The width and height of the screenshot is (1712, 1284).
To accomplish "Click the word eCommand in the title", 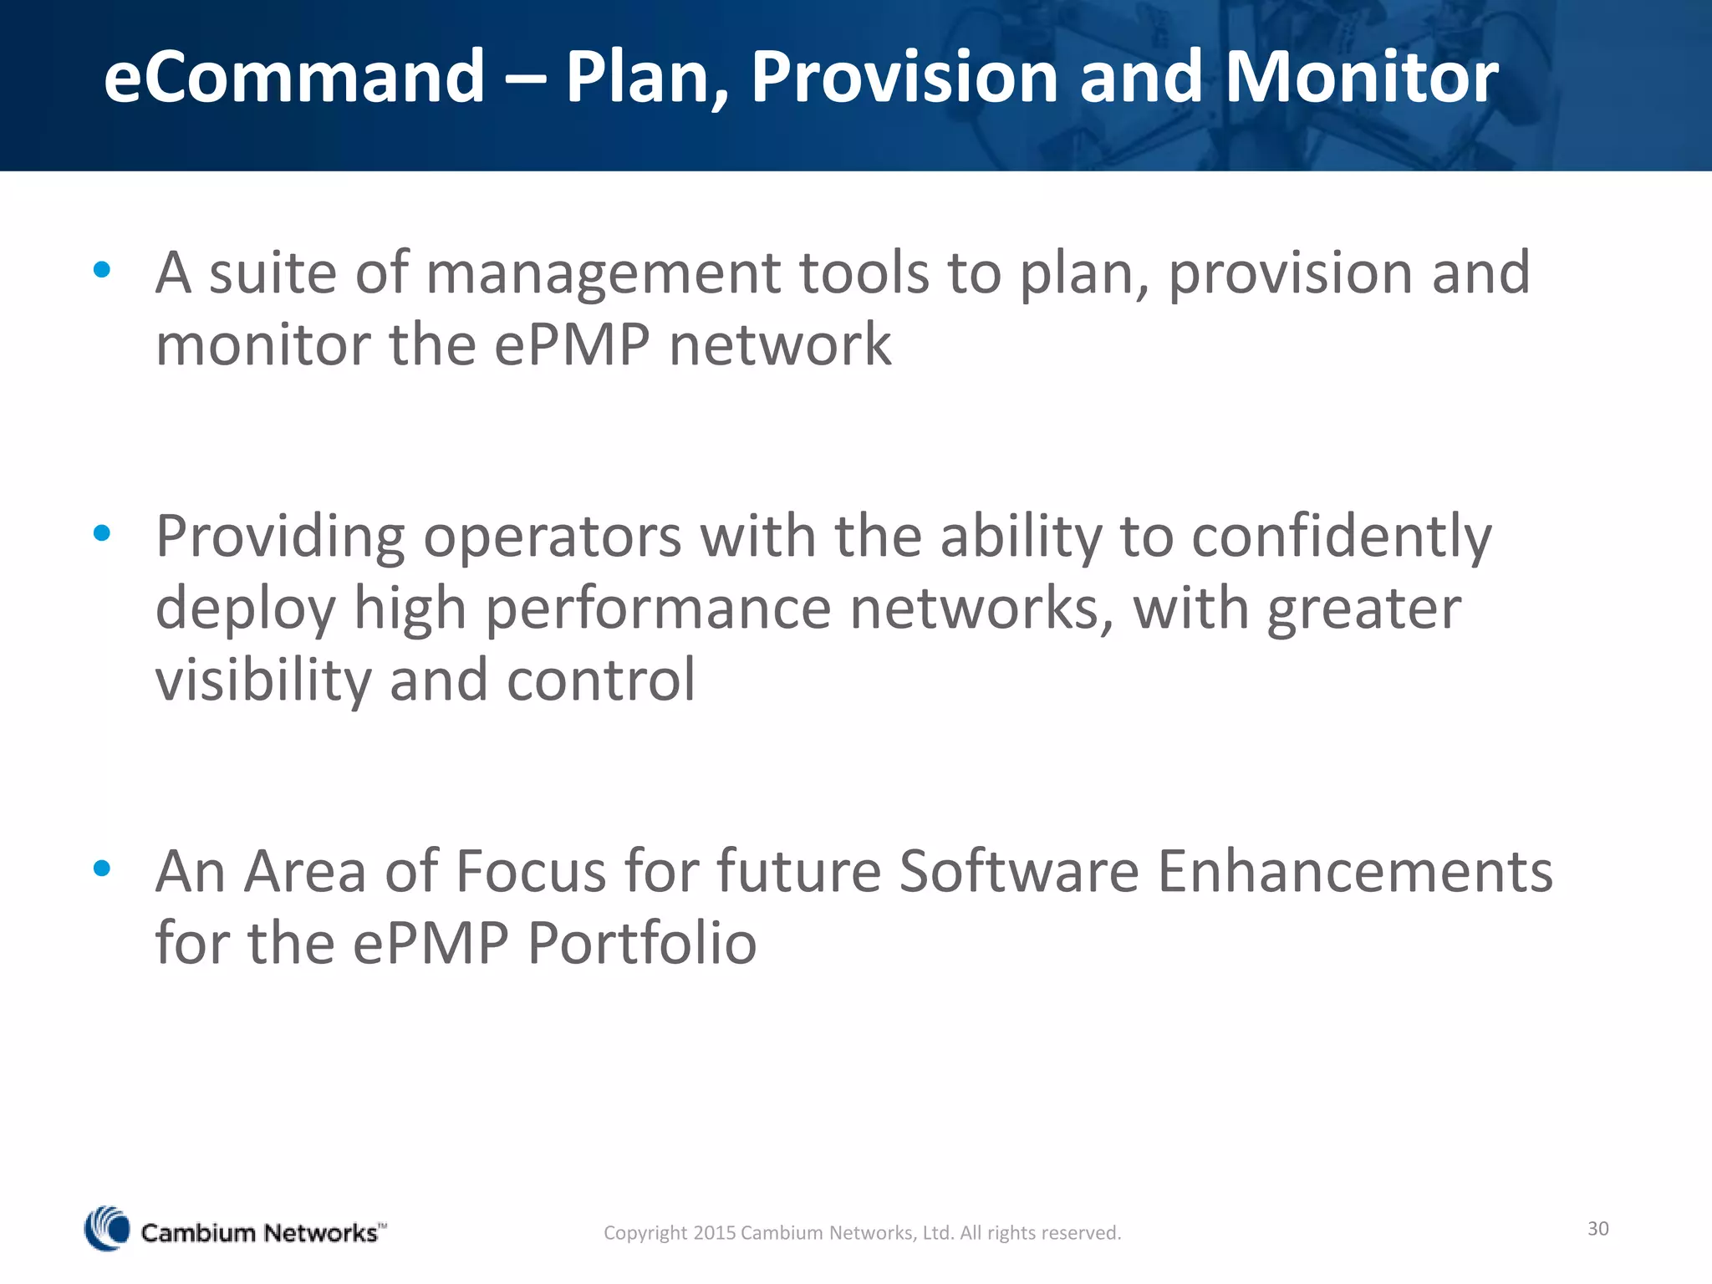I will pyautogui.click(x=294, y=77).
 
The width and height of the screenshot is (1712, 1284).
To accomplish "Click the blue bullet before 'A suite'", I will pyautogui.click(x=102, y=269).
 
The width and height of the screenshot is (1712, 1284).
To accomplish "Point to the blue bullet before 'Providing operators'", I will pyautogui.click(x=102, y=532).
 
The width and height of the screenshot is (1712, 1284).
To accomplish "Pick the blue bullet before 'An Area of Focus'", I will pyautogui.click(x=102, y=869).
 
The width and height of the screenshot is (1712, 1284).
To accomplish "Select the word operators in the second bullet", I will pyautogui.click(x=552, y=538).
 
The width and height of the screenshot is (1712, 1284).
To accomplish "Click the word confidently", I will pyautogui.click(x=1341, y=538).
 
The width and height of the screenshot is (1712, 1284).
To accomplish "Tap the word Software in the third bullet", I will pyautogui.click(x=1019, y=872).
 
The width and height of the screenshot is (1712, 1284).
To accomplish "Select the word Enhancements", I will pyautogui.click(x=1354, y=872).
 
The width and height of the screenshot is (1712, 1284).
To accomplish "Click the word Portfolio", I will pyautogui.click(x=642, y=943).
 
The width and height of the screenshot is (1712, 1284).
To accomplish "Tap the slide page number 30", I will pyautogui.click(x=1597, y=1228).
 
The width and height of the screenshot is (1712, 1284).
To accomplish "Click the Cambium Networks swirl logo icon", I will pyautogui.click(x=107, y=1229).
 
